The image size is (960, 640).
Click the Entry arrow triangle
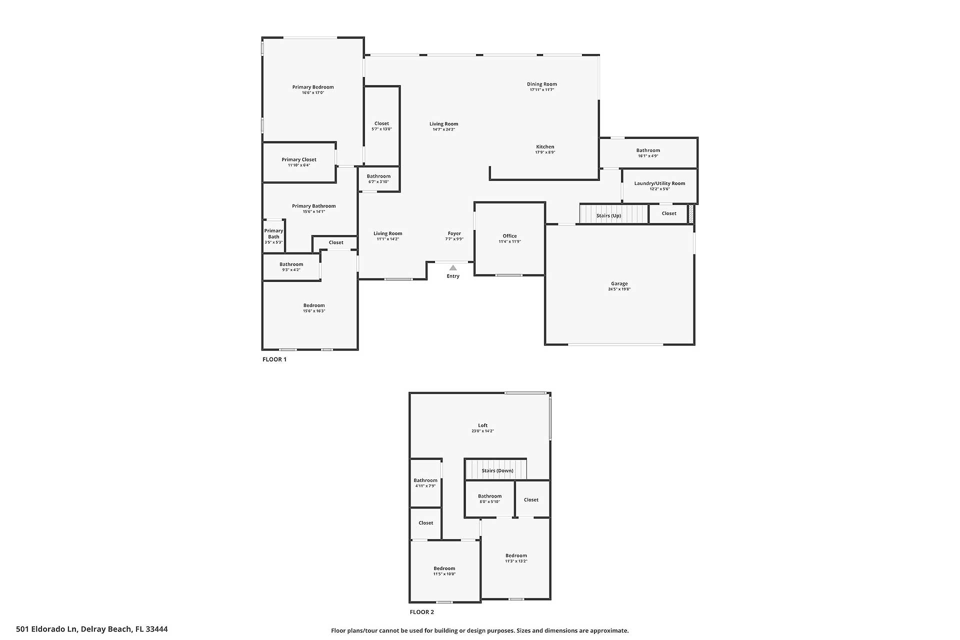tap(453, 268)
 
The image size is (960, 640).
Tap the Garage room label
tap(619, 283)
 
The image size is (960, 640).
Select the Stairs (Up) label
tap(608, 215)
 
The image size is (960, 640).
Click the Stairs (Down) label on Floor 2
tap(497, 470)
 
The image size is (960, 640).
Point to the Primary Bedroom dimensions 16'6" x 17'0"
tap(313, 93)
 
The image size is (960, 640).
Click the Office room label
tap(509, 236)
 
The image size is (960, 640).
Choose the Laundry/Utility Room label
tap(659, 183)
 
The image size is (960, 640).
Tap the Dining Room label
tap(542, 84)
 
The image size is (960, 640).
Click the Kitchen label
tap(545, 147)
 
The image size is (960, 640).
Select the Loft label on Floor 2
tap(482, 425)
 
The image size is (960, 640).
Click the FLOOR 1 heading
tap(274, 359)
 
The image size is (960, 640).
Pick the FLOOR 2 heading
tap(422, 612)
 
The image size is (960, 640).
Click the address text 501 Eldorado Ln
tap(46, 629)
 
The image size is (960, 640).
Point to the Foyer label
tap(454, 233)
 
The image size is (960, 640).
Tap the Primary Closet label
tap(299, 159)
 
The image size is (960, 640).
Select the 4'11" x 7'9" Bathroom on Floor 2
tap(425, 482)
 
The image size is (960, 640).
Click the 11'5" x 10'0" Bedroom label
tap(444, 568)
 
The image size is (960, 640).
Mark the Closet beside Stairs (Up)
tap(669, 213)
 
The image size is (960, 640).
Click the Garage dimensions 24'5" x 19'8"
tap(619, 289)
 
